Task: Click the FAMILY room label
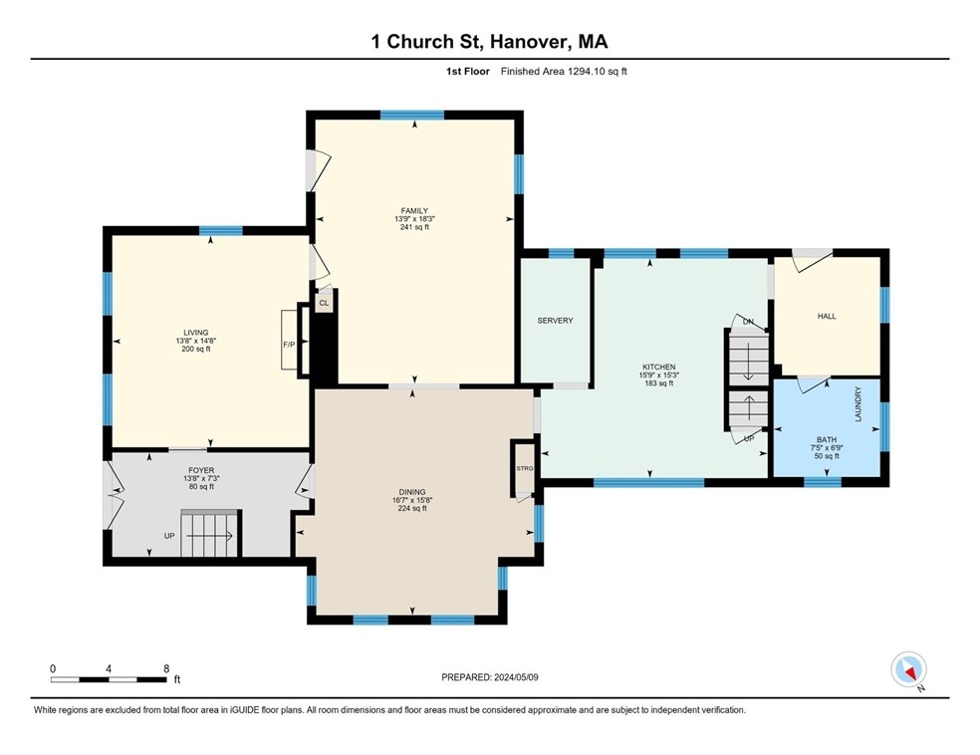tap(414, 211)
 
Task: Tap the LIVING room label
tap(195, 333)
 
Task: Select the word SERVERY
tap(555, 321)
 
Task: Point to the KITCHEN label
tap(658, 367)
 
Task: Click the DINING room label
tap(412, 492)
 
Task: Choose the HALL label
tap(827, 316)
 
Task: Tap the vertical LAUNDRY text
tap(857, 404)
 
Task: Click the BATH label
tap(827, 439)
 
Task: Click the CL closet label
tap(324, 301)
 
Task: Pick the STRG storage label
tap(524, 467)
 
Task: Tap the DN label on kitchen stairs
tap(748, 321)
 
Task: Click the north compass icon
tap(909, 669)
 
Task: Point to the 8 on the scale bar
tap(166, 668)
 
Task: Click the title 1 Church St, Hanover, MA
tap(489, 41)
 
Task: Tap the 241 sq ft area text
tap(414, 227)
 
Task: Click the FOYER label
tap(201, 470)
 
